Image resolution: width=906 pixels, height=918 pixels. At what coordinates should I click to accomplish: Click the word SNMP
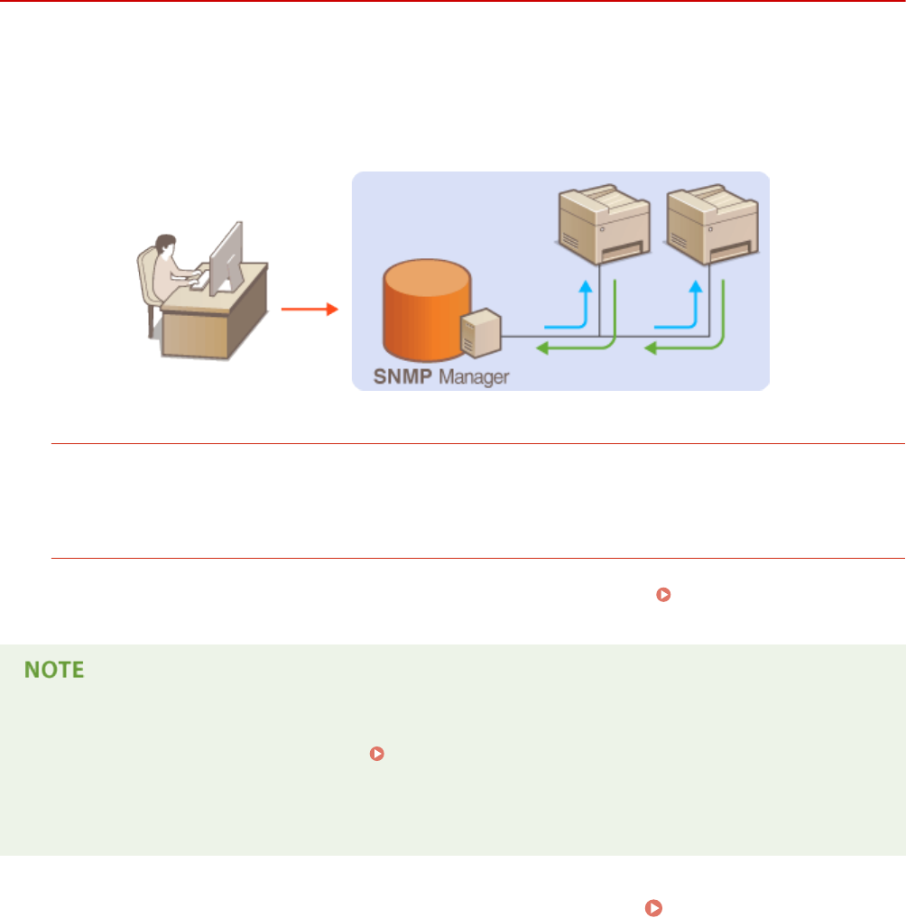coord(404,376)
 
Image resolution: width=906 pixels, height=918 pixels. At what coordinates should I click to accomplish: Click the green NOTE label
coord(55,670)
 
